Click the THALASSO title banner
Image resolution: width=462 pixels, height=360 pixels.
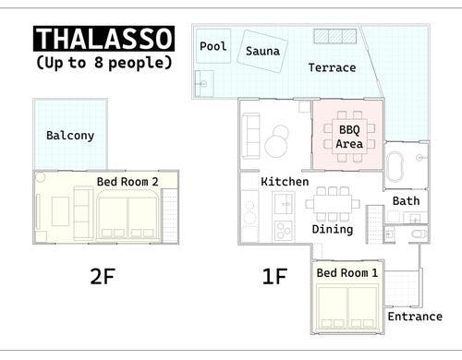point(103,39)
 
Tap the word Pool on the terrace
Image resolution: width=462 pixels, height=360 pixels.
point(213,46)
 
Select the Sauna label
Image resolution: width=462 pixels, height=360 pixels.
point(262,51)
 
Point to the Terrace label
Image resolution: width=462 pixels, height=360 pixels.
point(332,67)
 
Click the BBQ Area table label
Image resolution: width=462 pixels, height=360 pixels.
point(349,137)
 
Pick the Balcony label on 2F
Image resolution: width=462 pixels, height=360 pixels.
point(70,136)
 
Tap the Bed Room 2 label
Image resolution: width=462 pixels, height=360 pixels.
point(128,182)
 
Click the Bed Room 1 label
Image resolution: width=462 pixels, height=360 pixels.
point(347,272)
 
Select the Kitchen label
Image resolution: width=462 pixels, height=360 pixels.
point(285,182)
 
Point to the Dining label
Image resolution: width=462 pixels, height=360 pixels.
point(333,230)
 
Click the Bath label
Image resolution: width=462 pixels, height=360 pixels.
point(406,201)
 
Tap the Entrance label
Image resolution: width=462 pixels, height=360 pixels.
point(415,317)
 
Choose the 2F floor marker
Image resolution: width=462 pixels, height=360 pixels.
point(103,276)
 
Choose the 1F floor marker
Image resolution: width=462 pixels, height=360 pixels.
point(274,276)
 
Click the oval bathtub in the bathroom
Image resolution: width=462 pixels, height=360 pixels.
point(395,165)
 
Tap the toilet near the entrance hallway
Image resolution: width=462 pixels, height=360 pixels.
point(419,234)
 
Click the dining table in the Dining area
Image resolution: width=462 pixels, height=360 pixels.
point(333,204)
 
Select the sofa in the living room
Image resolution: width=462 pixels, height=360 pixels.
point(250,136)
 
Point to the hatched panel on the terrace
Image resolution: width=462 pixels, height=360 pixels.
point(335,36)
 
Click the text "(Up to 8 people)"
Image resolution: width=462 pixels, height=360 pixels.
point(103,63)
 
